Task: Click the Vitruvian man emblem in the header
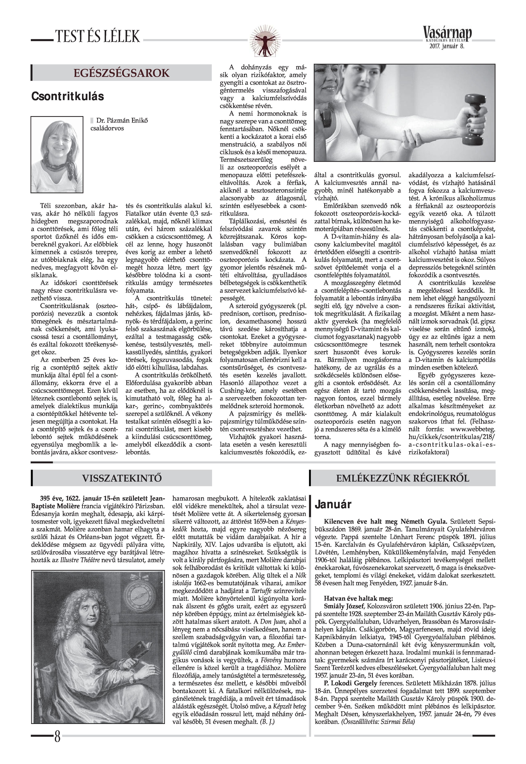(263, 40)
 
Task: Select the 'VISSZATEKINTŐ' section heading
(122, 478)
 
